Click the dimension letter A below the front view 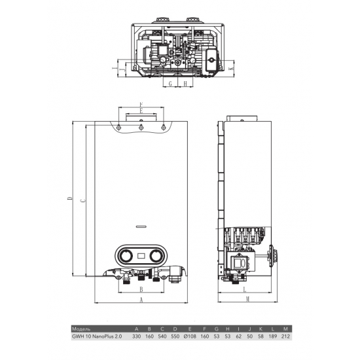(x=141, y=299)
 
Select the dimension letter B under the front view (x=141, y=288)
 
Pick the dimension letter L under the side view (x=243, y=289)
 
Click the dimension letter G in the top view (x=170, y=84)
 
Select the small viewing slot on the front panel (x=142, y=227)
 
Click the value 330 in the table (x=136, y=336)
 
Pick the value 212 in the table (x=285, y=336)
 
